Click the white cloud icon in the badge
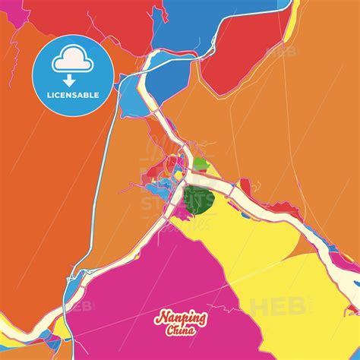74,56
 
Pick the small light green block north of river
200,163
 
